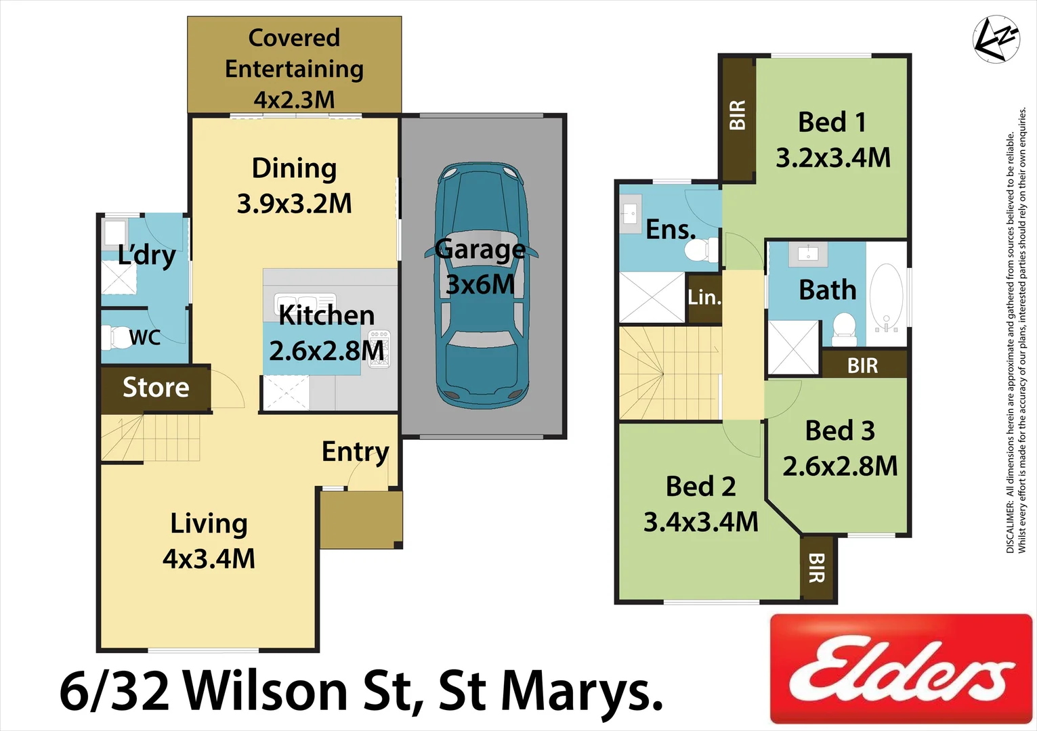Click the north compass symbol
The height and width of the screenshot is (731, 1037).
pyautogui.click(x=996, y=39)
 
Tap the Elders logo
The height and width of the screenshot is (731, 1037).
pyautogui.click(x=901, y=669)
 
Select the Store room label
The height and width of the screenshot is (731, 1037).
pyautogui.click(x=156, y=388)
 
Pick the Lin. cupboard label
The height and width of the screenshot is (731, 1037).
pyautogui.click(x=704, y=297)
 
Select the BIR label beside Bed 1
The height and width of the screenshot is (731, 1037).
pyautogui.click(x=738, y=115)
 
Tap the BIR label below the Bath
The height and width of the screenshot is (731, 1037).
pyautogui.click(x=862, y=365)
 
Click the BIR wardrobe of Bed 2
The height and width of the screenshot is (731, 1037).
pyautogui.click(x=817, y=567)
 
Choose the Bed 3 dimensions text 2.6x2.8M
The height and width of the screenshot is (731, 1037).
pyautogui.click(x=840, y=466)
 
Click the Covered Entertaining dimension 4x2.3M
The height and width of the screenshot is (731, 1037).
pyautogui.click(x=294, y=100)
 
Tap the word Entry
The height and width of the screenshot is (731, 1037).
pyautogui.click(x=355, y=451)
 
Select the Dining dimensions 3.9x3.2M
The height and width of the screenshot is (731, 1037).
pyautogui.click(x=294, y=204)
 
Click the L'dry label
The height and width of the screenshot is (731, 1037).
pyautogui.click(x=146, y=255)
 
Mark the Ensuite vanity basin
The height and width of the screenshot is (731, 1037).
pyautogui.click(x=631, y=215)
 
